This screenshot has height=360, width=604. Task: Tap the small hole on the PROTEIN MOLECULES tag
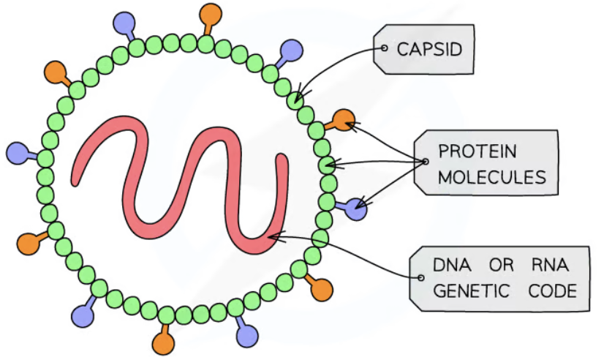pos(424,162)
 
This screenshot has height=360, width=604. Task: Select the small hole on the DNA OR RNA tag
pos(420,278)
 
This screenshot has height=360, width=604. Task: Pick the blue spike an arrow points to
pos(357,209)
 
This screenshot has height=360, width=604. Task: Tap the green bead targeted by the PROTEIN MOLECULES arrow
pos(327,165)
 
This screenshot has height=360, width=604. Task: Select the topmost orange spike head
pos(212,13)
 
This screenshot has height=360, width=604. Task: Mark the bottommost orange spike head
pos(162,342)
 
